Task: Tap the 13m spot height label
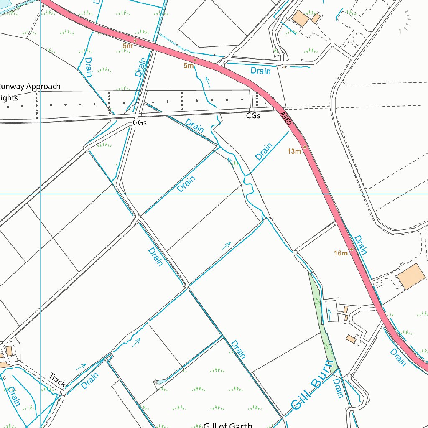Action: point(294,151)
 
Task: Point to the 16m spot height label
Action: point(341,253)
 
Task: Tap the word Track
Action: point(57,380)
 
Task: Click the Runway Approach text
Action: point(30,87)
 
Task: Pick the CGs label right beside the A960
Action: point(253,115)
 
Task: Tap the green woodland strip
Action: point(322,322)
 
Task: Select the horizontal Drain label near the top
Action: point(260,71)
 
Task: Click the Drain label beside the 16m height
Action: point(361,245)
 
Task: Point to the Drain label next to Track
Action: point(90,381)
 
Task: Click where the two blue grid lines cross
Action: point(40,194)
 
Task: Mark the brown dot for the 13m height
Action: point(305,148)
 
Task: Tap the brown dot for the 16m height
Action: point(352,250)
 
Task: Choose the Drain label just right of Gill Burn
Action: point(339,389)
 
